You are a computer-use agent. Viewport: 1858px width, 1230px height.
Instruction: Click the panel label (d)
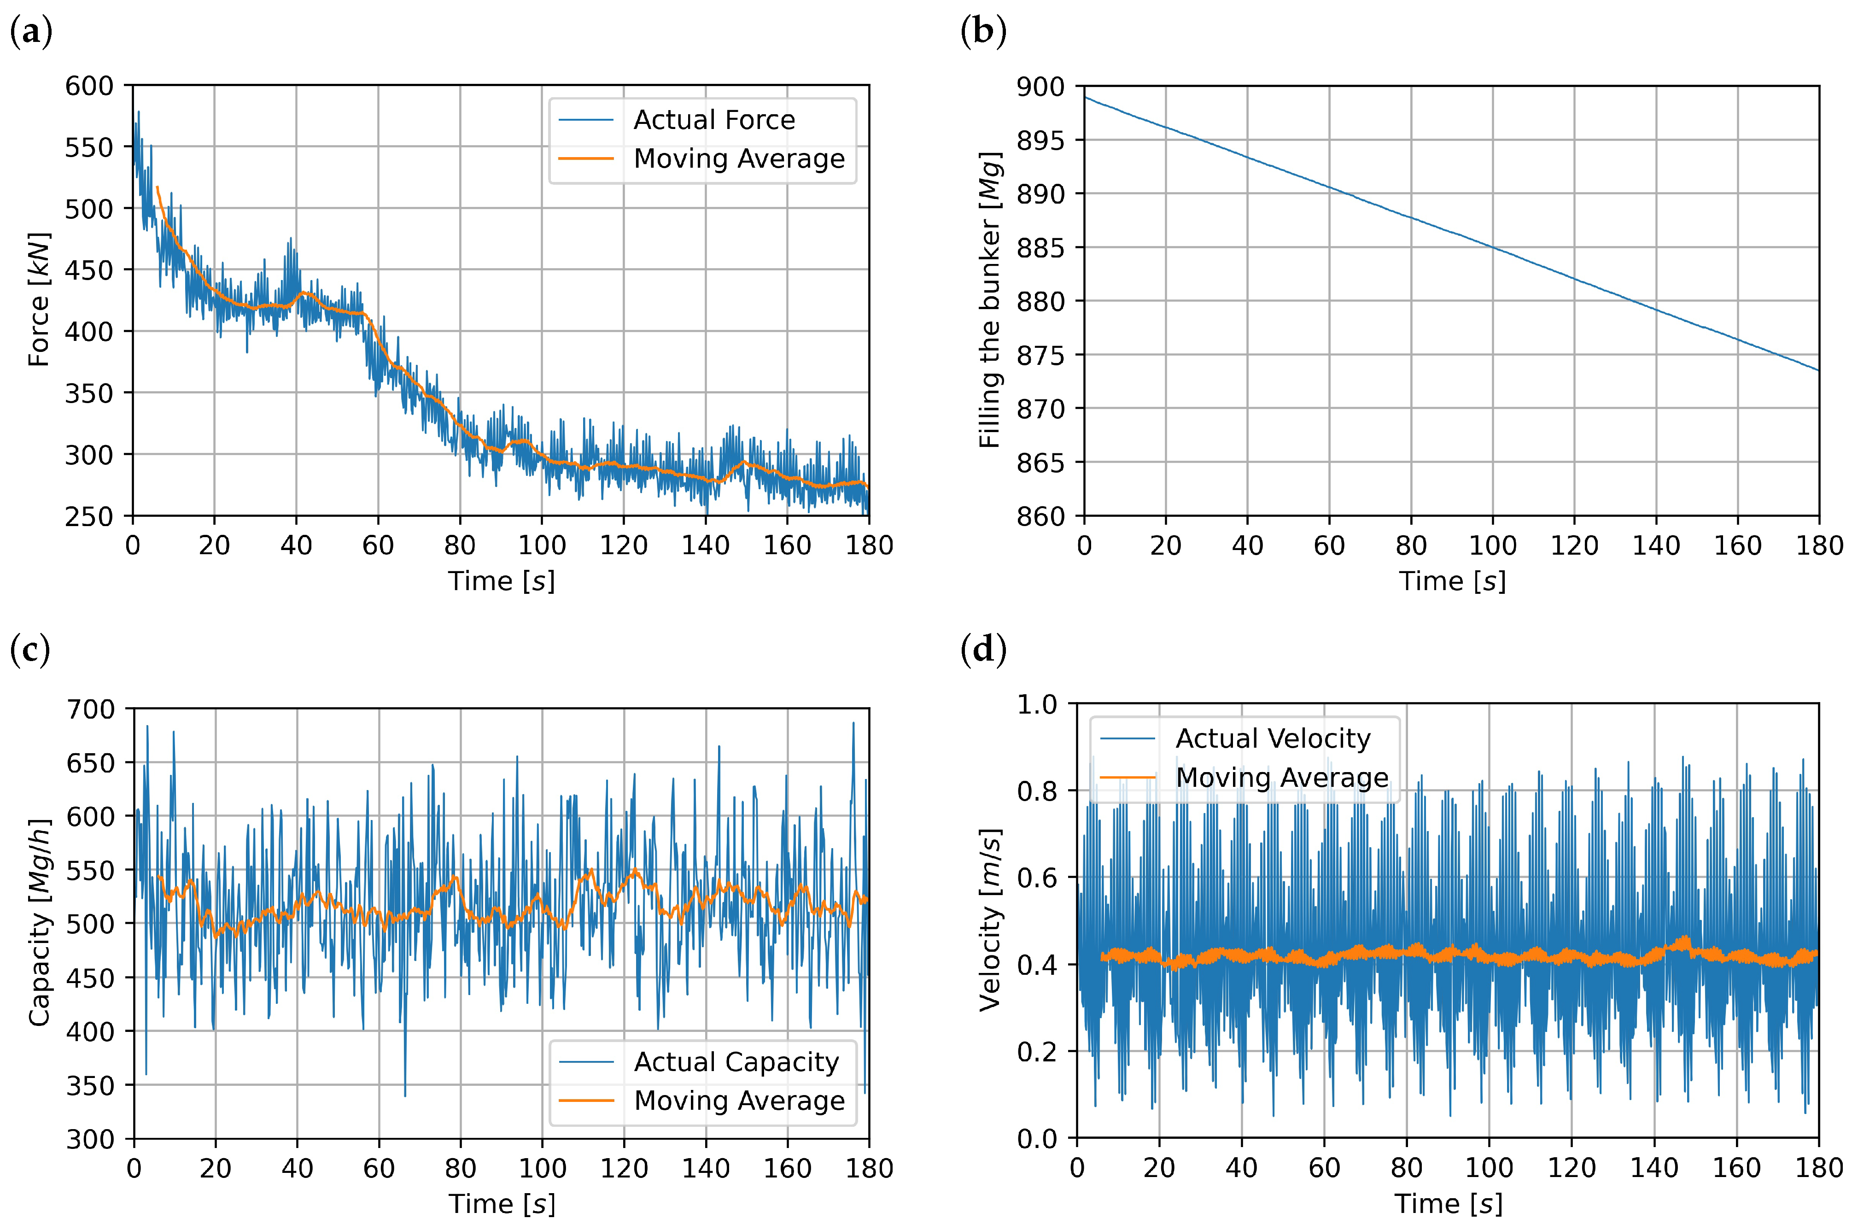coord(983,650)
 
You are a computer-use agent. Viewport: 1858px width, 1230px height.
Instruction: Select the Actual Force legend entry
coord(714,120)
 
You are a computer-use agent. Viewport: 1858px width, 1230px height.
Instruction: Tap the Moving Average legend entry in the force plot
coord(739,159)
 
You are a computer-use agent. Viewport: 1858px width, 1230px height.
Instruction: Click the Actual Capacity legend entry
coord(736,1062)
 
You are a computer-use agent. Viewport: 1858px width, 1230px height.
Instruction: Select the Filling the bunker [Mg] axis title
coord(990,300)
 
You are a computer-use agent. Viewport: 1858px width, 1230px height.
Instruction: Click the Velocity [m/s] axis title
coord(990,920)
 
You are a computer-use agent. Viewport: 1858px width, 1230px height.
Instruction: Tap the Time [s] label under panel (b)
coord(1452,581)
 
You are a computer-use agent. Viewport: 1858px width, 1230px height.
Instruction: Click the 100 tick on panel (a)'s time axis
coord(541,545)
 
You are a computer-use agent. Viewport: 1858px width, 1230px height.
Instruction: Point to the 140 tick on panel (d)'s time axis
coord(1654,1168)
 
